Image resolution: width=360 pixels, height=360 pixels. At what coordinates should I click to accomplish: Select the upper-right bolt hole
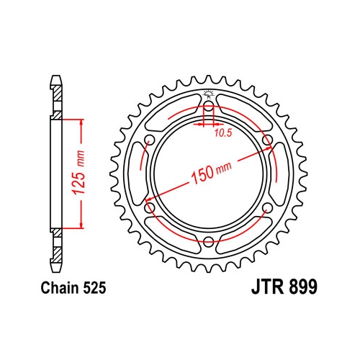(267, 140)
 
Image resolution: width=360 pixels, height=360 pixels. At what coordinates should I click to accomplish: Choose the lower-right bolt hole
(267, 207)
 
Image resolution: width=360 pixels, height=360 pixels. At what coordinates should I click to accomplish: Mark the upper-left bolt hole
(150, 140)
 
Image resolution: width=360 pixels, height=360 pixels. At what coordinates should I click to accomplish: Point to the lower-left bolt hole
(150, 207)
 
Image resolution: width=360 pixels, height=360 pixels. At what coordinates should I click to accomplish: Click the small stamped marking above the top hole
(209, 94)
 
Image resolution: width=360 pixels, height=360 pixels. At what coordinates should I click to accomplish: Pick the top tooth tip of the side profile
(55, 75)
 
